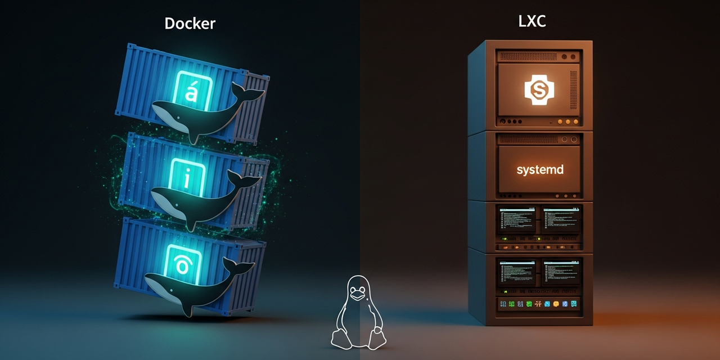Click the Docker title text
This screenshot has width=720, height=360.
[190, 23]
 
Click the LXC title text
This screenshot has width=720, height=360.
[532, 22]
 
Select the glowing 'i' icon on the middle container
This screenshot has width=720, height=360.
[187, 178]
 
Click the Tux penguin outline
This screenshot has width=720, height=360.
[357, 312]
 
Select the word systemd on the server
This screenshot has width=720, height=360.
[539, 169]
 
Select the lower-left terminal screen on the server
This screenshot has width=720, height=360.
[516, 273]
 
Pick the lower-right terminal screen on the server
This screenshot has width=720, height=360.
[561, 273]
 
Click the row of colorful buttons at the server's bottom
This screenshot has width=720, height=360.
[538, 304]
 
